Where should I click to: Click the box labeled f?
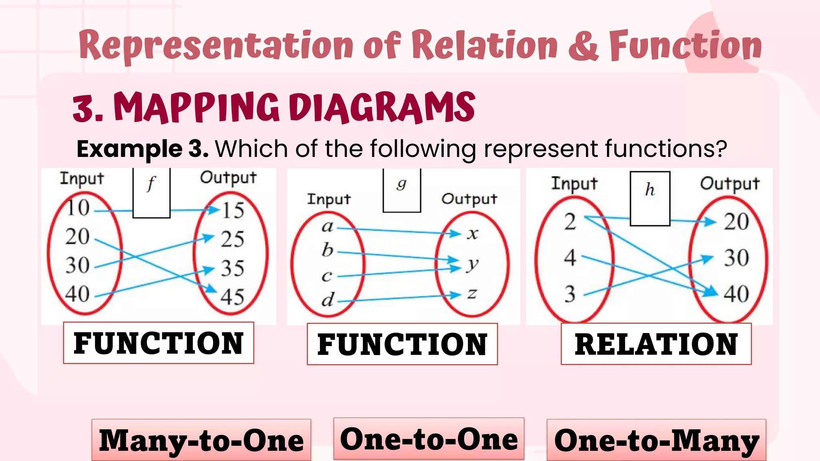[151, 193]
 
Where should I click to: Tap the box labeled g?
[402, 190]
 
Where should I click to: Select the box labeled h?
[650, 198]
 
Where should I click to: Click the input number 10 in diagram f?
[78, 208]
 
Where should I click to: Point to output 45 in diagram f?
[233, 297]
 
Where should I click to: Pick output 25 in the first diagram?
[233, 239]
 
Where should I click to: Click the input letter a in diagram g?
[328, 227]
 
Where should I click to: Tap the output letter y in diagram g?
[472, 264]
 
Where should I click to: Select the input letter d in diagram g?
[328, 299]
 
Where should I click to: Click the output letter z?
[472, 294]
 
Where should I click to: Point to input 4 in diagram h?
[570, 258]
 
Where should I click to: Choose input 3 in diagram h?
[570, 294]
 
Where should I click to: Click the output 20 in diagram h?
[736, 222]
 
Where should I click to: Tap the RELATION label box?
[656, 344]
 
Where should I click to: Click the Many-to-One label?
[201, 440]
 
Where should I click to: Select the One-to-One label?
[429, 439]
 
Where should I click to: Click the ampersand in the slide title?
[583, 46]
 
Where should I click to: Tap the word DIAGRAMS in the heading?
[382, 107]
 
